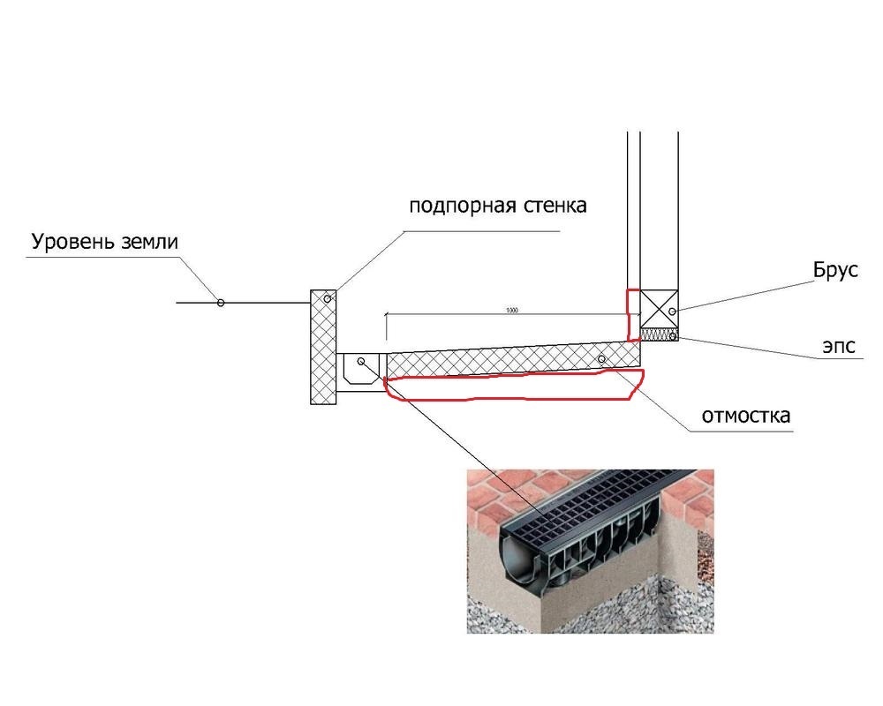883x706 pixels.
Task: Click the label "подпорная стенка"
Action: [x=497, y=207]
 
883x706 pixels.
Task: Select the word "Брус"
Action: [x=836, y=271]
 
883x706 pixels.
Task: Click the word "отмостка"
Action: [x=745, y=415]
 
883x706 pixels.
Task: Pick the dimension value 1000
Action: [x=511, y=311]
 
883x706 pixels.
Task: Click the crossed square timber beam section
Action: [x=658, y=308]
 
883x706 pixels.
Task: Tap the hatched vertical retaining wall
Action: [x=322, y=347]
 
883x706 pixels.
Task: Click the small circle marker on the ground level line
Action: [x=221, y=303]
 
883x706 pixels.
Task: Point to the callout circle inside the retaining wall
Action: [x=328, y=300]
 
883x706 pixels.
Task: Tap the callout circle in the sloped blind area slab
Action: [x=601, y=359]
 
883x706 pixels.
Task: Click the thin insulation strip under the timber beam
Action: [x=658, y=334]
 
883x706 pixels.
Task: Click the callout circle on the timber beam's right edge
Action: [x=673, y=312]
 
